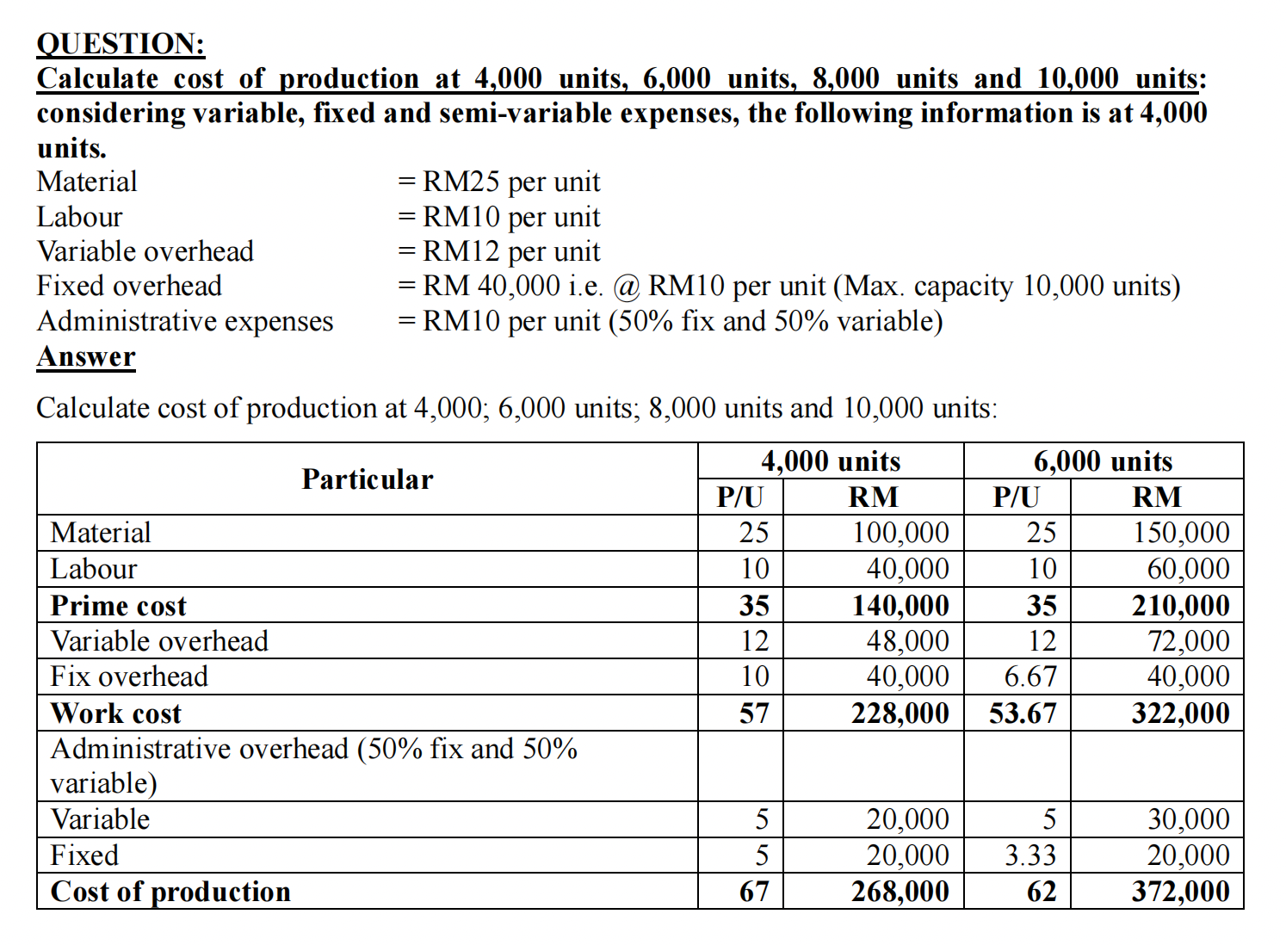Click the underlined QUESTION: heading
121,44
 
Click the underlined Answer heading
86,356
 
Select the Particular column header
367,479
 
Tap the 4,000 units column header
830,461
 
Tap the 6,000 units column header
1103,461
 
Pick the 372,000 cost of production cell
1180,891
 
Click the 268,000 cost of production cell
900,891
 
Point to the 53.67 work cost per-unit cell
1022,713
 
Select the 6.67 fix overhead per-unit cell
1029,676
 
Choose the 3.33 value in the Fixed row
1029,855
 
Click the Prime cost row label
119,606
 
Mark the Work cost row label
116,713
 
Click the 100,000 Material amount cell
900,533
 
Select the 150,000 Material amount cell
1180,533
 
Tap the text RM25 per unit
511,182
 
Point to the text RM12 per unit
511,252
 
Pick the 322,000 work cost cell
1180,713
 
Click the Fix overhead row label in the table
129,676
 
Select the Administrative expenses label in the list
185,321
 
